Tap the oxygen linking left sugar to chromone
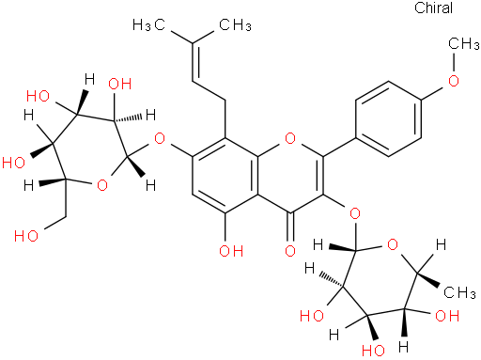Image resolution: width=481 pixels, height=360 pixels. (158, 142)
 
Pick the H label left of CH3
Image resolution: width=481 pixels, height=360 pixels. (432, 246)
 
